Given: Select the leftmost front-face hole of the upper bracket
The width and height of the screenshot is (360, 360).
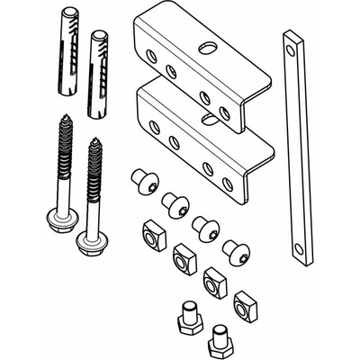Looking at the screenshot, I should click(150, 56).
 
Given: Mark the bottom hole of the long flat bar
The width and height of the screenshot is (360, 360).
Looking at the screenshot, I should click(297, 248).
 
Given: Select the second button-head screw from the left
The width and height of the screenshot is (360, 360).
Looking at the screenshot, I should click(174, 203).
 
